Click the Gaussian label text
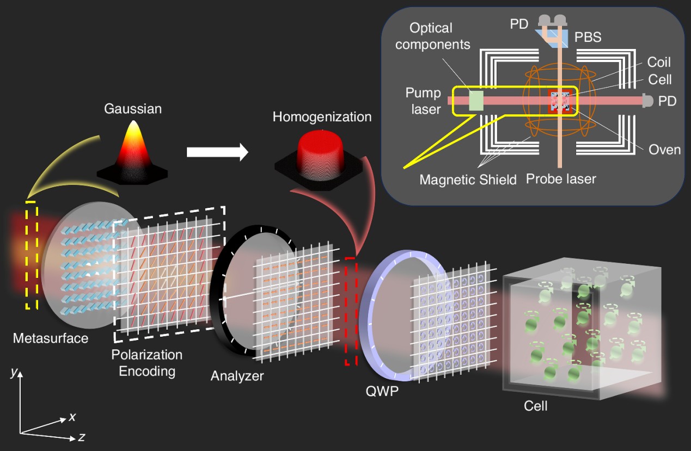133,109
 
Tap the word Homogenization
322,116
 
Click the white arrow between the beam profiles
217,152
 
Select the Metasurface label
51,338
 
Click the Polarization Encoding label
146,363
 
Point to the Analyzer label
237,375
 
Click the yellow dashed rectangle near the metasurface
32,256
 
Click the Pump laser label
423,101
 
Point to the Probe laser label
561,178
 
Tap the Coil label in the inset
659,63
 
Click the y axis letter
13,373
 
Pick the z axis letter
81,437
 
